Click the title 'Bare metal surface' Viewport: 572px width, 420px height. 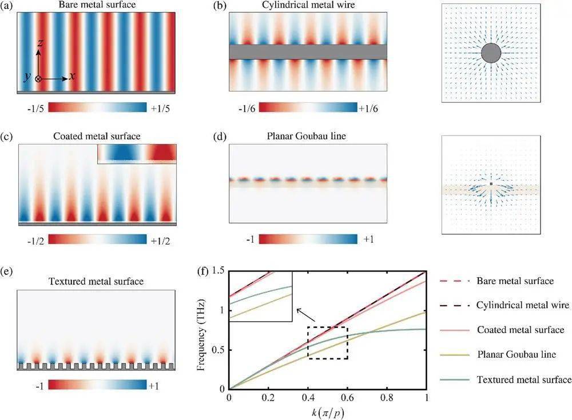(x=97, y=5)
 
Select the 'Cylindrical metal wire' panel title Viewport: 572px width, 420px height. (x=308, y=5)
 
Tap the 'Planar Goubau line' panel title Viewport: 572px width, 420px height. (x=307, y=136)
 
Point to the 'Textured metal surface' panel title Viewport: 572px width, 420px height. (x=96, y=281)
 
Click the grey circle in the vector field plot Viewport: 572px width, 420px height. (x=491, y=53)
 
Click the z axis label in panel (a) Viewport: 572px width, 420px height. (x=40, y=43)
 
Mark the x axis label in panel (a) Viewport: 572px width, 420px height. (x=72, y=76)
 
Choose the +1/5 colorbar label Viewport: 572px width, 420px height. (x=160, y=108)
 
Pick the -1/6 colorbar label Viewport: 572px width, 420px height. (x=247, y=108)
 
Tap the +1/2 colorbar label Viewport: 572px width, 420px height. (x=160, y=241)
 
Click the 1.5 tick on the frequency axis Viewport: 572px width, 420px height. (x=218, y=271)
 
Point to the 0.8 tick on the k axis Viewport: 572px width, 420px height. (x=387, y=397)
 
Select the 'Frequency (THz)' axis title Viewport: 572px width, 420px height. (x=201, y=335)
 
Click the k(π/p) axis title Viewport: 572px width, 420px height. (x=328, y=413)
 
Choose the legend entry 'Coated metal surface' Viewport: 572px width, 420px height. (x=521, y=330)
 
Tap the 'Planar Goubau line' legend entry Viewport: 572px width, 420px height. (x=517, y=354)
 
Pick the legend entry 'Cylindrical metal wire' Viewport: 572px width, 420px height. (x=523, y=305)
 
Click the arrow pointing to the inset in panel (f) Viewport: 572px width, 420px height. (x=305, y=315)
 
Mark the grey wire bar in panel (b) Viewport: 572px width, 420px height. (x=308, y=52)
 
